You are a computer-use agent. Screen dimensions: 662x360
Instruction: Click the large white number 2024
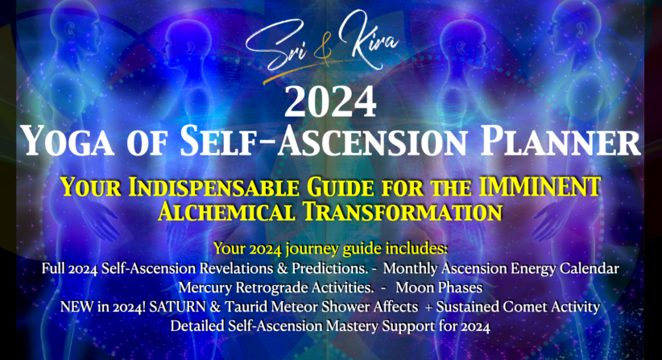pos(330,101)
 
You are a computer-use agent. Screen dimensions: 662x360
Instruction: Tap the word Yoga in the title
pos(67,142)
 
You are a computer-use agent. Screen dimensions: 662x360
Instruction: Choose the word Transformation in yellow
pos(403,212)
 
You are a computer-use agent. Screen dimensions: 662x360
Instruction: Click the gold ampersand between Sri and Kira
pos(323,52)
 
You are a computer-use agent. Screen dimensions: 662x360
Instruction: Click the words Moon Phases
pos(439,288)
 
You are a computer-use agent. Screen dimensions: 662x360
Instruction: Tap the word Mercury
pos(205,288)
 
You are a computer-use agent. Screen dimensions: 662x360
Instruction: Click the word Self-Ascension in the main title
pos(324,142)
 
